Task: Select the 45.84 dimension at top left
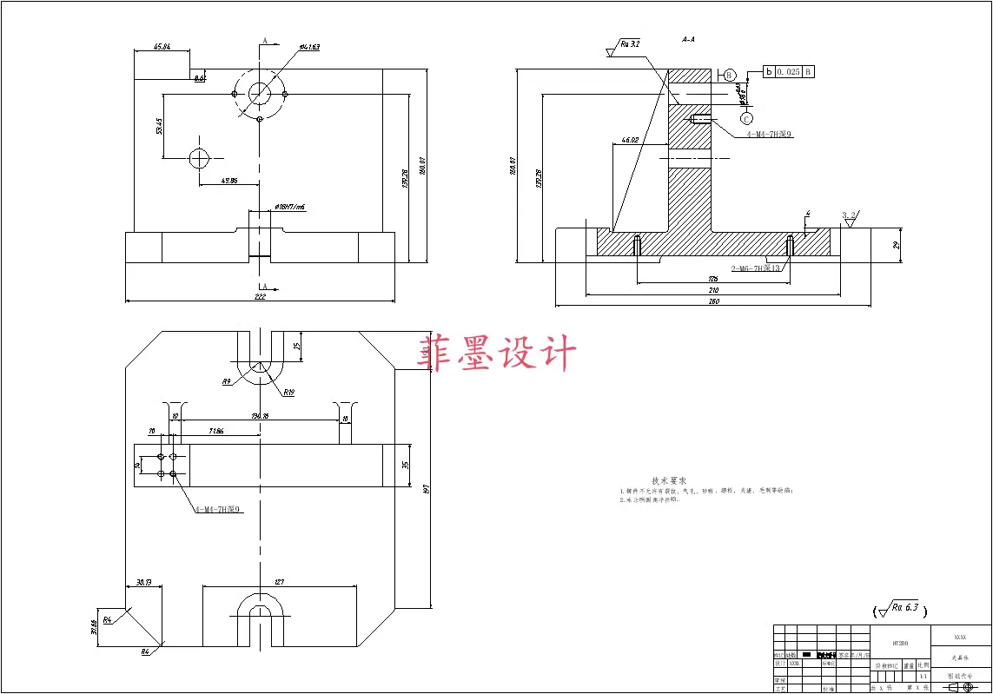click(161, 47)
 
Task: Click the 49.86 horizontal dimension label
click(229, 181)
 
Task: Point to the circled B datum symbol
click(730, 75)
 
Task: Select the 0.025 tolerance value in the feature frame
click(789, 71)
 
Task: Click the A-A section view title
click(689, 39)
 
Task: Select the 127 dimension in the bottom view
click(279, 582)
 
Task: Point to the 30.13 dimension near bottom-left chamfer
click(143, 582)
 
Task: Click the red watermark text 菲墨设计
click(497, 355)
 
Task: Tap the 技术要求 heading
click(669, 480)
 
